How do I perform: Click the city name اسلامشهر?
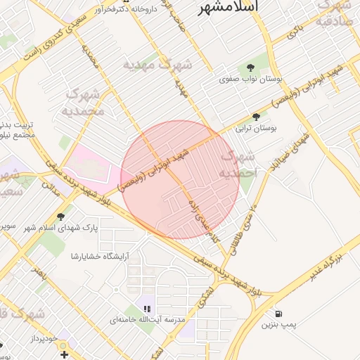click(x=229, y=7)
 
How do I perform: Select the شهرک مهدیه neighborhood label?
click(x=159, y=65)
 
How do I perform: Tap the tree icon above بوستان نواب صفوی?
click(x=251, y=67)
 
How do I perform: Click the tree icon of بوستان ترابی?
click(x=259, y=117)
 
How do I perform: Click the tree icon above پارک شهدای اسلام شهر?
click(x=61, y=216)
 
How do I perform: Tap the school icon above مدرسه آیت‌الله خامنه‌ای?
click(x=147, y=308)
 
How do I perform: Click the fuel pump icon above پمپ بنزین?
click(x=281, y=314)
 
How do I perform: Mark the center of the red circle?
click(x=180, y=180)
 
